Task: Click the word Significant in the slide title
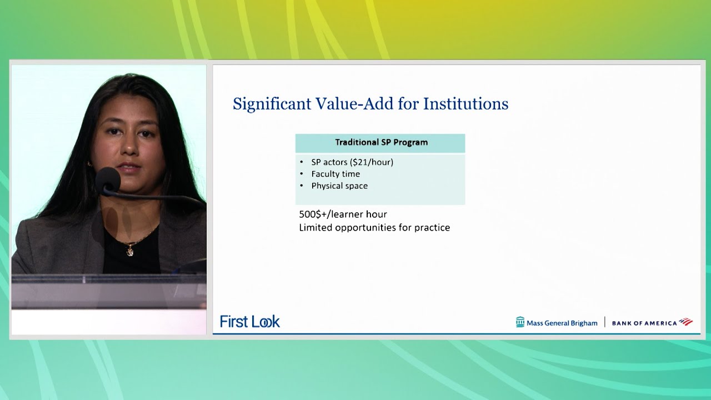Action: [x=272, y=104]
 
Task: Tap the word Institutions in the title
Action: [x=465, y=103]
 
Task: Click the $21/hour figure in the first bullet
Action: [x=372, y=162]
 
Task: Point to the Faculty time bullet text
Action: [x=336, y=174]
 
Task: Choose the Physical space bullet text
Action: [x=339, y=186]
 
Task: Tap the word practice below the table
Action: [x=432, y=228]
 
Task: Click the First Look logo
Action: [x=250, y=322]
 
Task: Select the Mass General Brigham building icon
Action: [x=520, y=322]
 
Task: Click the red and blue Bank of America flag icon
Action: [x=686, y=322]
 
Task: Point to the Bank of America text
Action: [x=644, y=323]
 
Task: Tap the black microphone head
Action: [x=108, y=179]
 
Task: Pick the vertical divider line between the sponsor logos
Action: [x=605, y=322]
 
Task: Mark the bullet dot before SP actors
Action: [x=301, y=162]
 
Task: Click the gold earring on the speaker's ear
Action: [x=89, y=164]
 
